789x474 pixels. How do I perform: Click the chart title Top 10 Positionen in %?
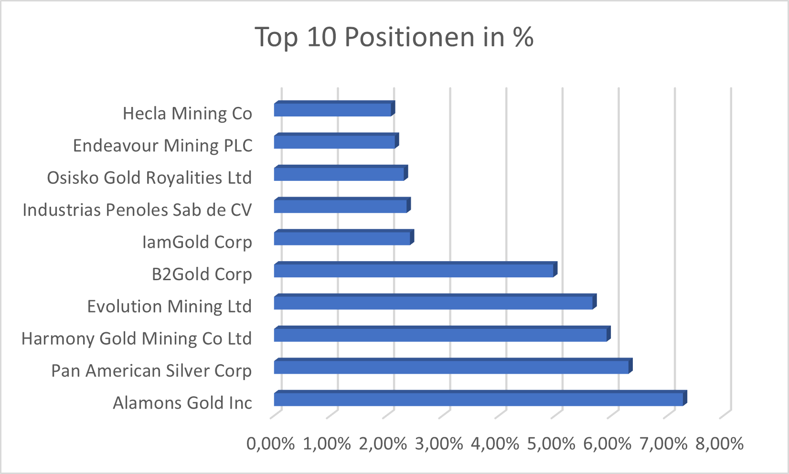pyautogui.click(x=394, y=37)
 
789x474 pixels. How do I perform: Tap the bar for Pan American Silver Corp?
pyautogui.click(x=451, y=367)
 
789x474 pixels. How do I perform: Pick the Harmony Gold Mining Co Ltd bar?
pyautogui.click(x=440, y=335)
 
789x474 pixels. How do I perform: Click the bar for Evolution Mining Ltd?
pyautogui.click(x=434, y=303)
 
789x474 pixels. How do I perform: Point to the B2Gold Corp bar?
pyautogui.click(x=414, y=271)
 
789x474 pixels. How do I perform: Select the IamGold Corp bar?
pyautogui.click(x=342, y=238)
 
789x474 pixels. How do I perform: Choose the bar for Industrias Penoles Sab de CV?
pyautogui.click(x=341, y=206)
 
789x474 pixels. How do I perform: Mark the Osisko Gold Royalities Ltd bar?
pyautogui.click(x=339, y=174)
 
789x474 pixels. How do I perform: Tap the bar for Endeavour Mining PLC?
pyautogui.click(x=334, y=142)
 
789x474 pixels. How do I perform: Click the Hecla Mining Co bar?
pyautogui.click(x=332, y=110)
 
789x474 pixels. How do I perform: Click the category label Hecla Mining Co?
pyautogui.click(x=187, y=114)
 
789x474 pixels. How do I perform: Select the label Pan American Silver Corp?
pyautogui.click(x=151, y=371)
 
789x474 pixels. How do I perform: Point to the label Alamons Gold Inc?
pyautogui.click(x=182, y=403)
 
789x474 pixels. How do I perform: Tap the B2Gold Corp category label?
pyautogui.click(x=202, y=274)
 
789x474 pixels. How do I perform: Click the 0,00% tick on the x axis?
pyautogui.click(x=270, y=444)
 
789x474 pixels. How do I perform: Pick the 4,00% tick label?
pyautogui.click(x=495, y=444)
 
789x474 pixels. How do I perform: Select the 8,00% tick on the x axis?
pyautogui.click(x=719, y=444)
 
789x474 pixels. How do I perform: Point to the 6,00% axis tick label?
pyautogui.click(x=607, y=444)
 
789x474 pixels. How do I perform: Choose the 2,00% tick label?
pyautogui.click(x=383, y=444)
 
